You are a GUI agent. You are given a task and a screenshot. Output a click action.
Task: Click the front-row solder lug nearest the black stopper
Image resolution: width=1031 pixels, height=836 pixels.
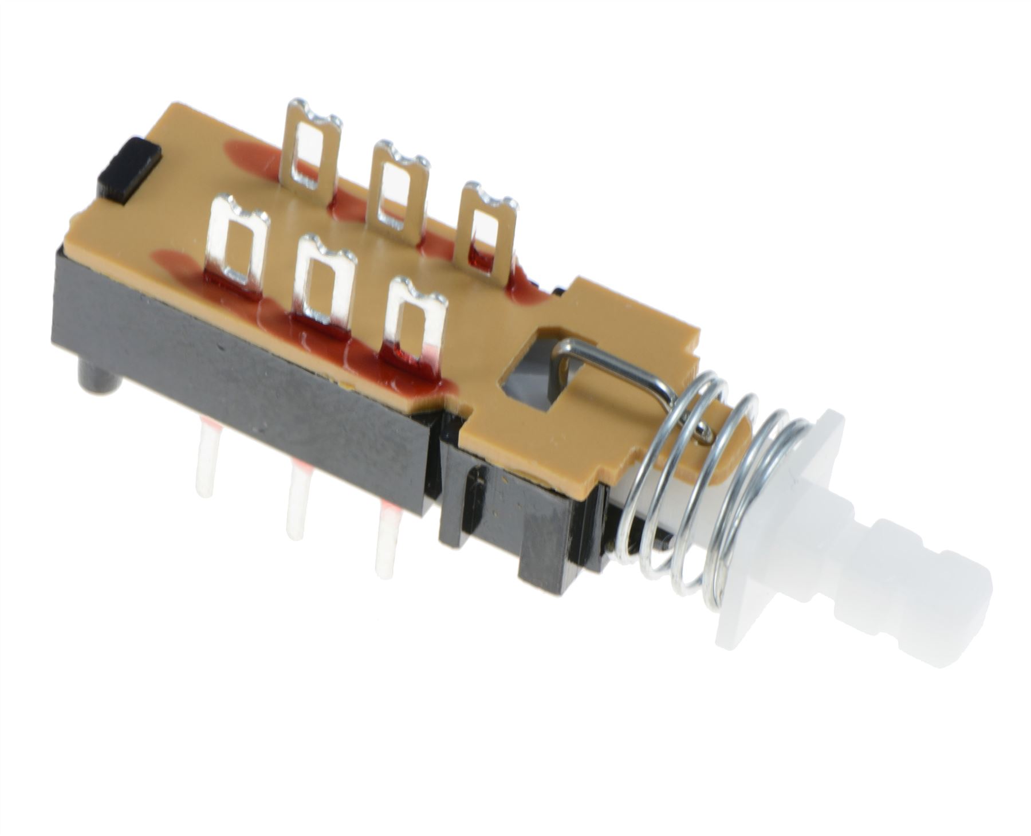(239, 244)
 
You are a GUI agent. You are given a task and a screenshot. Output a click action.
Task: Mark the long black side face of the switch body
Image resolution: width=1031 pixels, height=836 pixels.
(241, 372)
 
